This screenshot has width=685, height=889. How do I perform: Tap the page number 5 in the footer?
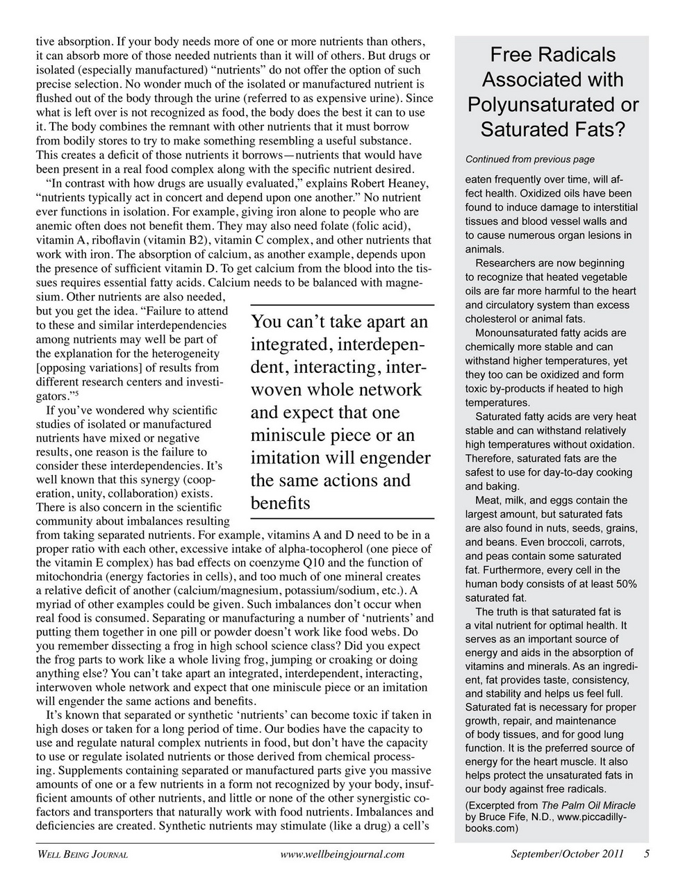click(x=646, y=854)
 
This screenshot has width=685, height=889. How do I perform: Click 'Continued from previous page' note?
click(x=529, y=159)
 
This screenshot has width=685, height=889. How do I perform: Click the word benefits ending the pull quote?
click(x=280, y=503)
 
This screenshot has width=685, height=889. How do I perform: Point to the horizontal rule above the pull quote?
click(x=341, y=305)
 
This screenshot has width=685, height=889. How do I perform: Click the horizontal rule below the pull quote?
click(x=341, y=518)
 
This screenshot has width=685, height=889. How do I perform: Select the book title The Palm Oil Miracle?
click(x=588, y=806)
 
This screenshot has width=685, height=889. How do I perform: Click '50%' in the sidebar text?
click(x=625, y=583)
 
